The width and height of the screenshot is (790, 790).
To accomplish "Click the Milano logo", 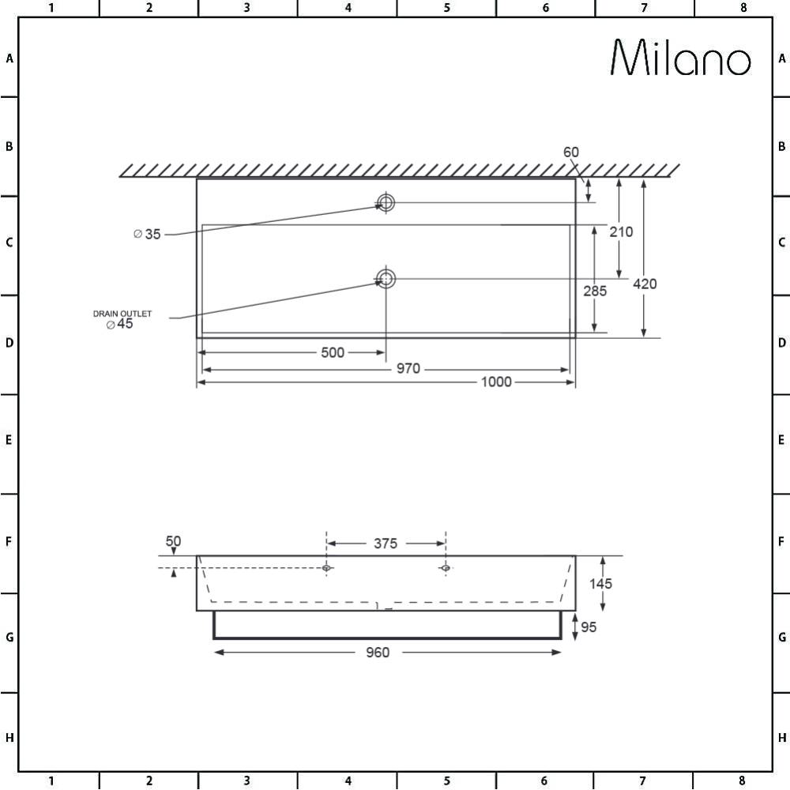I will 680,58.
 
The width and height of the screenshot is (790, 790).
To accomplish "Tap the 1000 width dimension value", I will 496,382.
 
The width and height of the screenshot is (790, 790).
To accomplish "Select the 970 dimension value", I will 408,369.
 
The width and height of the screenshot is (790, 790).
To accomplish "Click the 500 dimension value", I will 333,352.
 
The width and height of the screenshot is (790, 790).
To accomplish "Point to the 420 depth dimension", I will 645,284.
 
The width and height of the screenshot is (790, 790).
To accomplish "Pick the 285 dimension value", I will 595,291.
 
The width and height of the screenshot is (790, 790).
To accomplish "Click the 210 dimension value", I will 621,231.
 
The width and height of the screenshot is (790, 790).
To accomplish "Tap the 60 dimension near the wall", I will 571,152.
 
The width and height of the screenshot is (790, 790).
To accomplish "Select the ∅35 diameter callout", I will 148,234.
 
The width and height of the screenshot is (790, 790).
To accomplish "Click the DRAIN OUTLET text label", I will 122,314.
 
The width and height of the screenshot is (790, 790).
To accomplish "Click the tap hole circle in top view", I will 386,202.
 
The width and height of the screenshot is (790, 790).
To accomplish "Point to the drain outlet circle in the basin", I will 386,278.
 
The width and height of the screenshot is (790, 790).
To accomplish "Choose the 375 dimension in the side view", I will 386,543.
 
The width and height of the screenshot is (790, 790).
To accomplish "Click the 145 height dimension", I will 600,584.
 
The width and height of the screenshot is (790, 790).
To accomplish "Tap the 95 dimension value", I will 589,627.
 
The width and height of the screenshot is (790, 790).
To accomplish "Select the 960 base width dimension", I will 378,653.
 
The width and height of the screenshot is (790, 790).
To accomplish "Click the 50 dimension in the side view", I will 173,541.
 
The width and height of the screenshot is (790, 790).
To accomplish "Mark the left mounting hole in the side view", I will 326,567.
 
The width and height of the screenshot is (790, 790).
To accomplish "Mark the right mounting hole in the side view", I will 446,567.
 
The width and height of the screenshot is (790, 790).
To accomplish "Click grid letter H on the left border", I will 9,738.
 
